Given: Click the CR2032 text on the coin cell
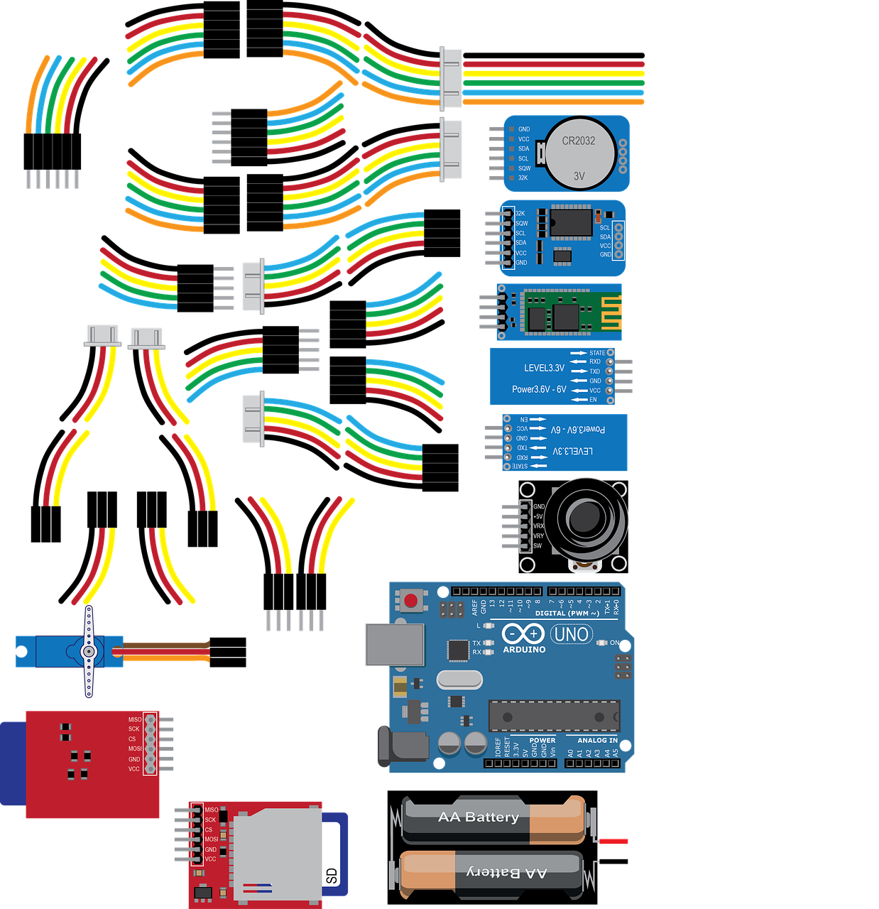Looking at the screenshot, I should click(579, 141).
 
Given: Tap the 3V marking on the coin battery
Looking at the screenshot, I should click(579, 175).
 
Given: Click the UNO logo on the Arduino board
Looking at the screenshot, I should click(571, 633).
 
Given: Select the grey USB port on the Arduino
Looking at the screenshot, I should click(395, 644).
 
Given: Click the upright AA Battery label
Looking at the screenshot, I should click(479, 817).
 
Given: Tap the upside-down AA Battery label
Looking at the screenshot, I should click(506, 872).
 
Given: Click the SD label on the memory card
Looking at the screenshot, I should click(332, 876).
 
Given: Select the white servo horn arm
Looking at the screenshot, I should click(88, 652).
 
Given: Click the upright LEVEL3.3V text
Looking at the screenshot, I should click(544, 368).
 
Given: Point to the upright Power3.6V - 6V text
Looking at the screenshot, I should click(539, 389).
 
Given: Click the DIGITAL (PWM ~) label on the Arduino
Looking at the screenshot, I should click(567, 613).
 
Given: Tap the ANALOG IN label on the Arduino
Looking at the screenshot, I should click(597, 740).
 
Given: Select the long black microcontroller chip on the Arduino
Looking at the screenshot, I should click(553, 716).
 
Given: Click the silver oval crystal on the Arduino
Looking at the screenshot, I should click(459, 680).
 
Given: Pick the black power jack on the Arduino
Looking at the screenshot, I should click(405, 749).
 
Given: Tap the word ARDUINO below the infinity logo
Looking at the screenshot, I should click(524, 649).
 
